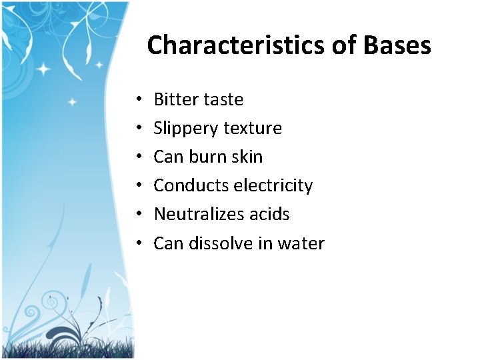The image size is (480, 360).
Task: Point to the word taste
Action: tap(223, 100)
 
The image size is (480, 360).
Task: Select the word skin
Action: tap(247, 157)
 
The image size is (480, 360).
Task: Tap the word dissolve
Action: tap(221, 243)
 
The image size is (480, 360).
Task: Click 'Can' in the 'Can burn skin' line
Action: tap(169, 157)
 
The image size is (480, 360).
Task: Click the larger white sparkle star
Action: tap(45, 69)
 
